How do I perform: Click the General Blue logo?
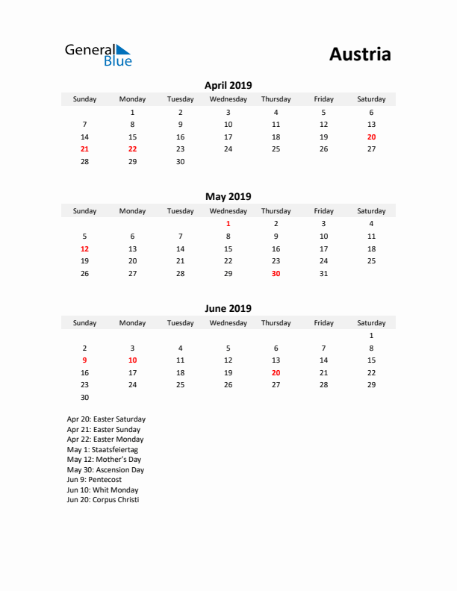tap(98, 54)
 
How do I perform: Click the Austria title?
tap(359, 54)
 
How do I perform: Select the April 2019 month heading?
tap(228, 86)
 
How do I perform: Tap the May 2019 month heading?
tap(228, 197)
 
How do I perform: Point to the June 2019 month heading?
tap(228, 308)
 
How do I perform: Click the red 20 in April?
tap(371, 137)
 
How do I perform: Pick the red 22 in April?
tap(132, 149)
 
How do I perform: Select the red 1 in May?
tap(228, 223)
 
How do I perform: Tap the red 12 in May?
tap(84, 248)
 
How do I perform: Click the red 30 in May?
tap(276, 274)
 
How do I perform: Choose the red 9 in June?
tap(84, 360)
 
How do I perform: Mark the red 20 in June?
tap(276, 373)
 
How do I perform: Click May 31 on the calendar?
tap(323, 274)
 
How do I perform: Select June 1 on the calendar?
tap(371, 336)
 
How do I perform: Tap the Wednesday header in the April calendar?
tap(228, 99)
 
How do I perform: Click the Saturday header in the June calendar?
tap(371, 323)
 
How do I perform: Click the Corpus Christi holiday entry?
tap(102, 500)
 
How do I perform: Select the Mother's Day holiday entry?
tap(105, 460)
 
